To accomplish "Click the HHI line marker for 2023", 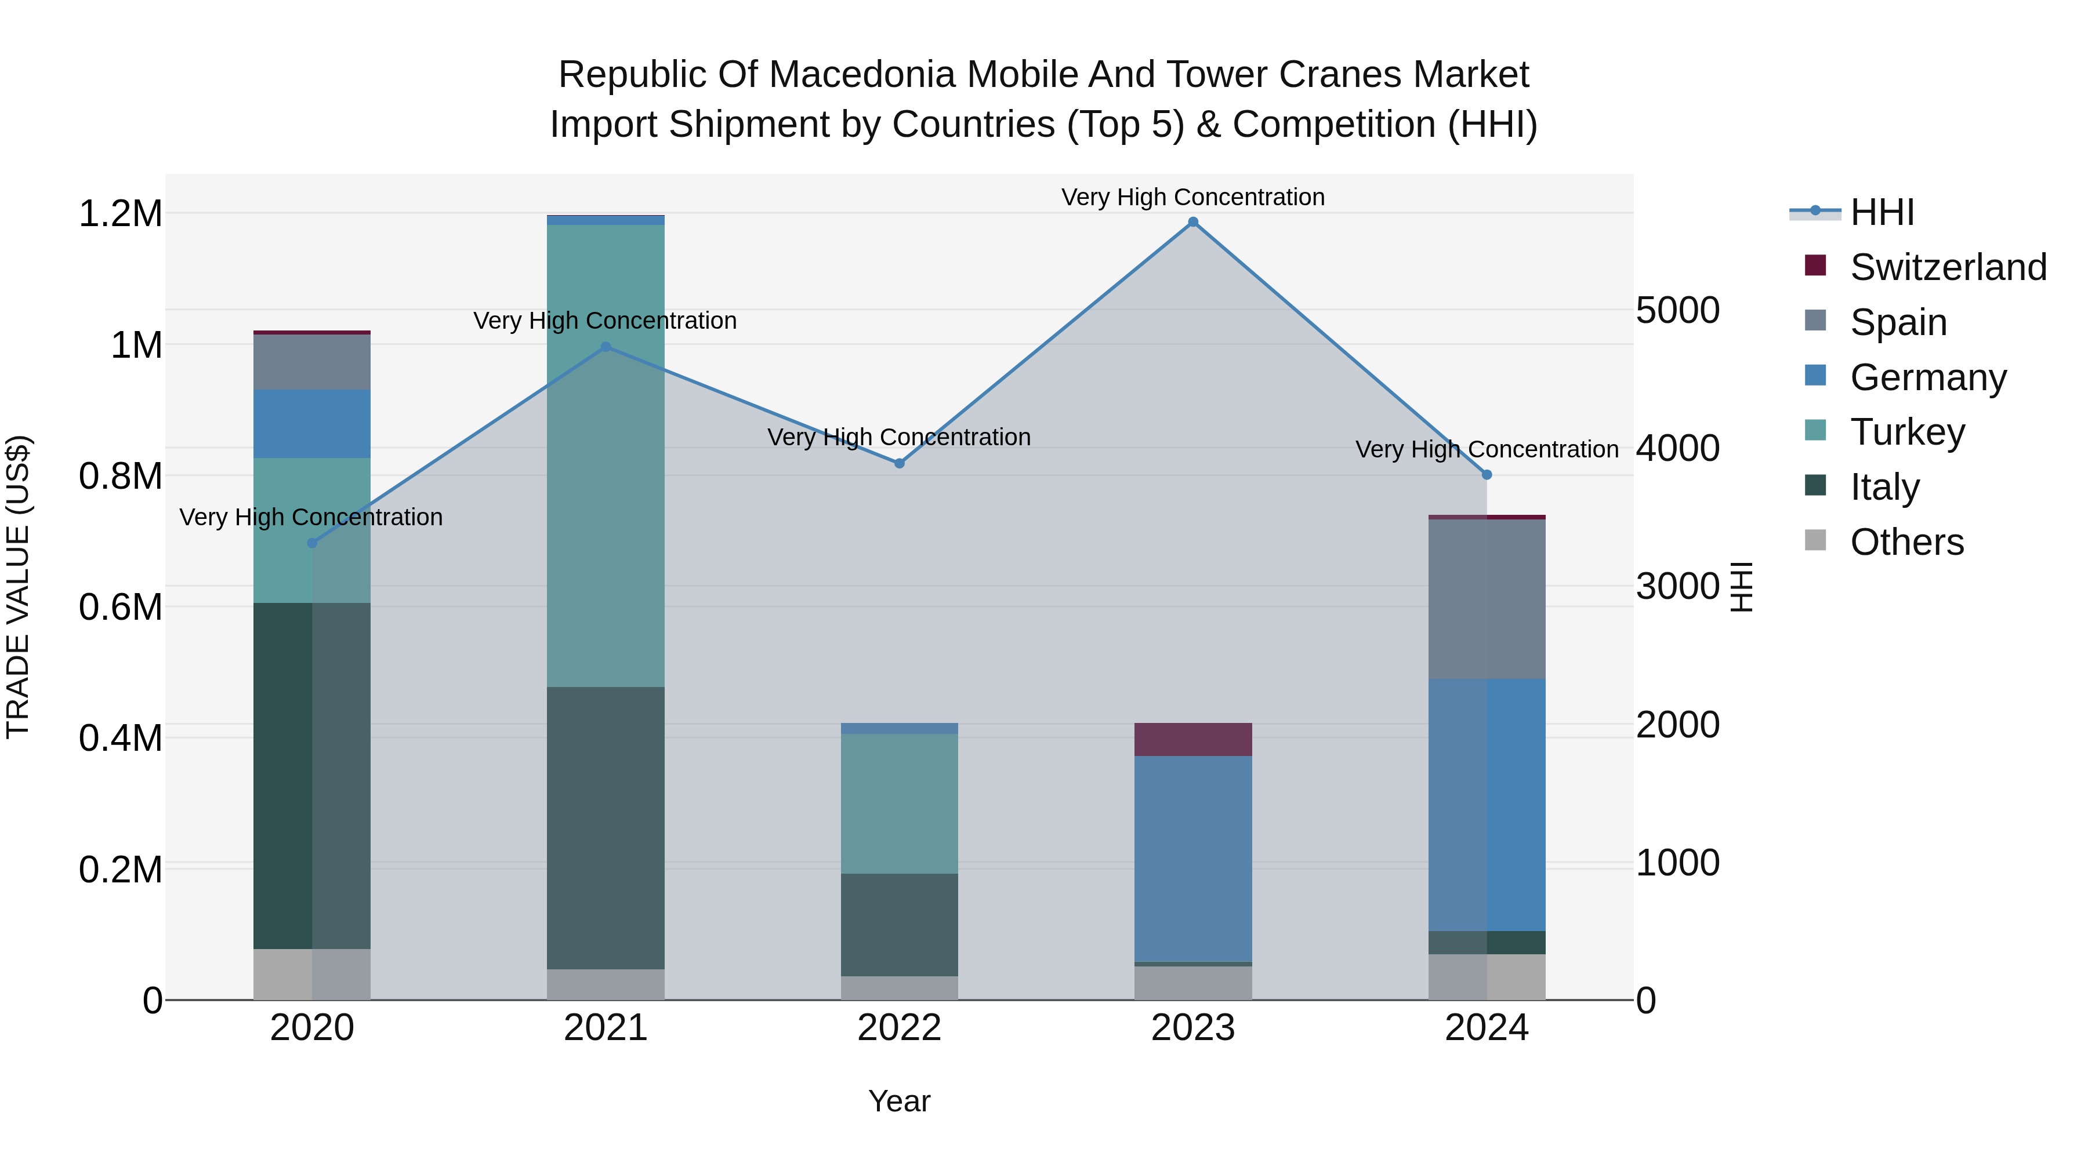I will coord(1192,222).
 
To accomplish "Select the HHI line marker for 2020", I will coord(312,543).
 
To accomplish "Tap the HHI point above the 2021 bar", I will coord(606,347).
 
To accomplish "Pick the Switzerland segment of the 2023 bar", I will coord(1192,739).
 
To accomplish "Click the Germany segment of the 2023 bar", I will coord(1192,859).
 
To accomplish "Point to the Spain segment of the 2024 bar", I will coord(1487,599).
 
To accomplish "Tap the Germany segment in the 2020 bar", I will coord(312,424).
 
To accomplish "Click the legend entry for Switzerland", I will coord(1948,267).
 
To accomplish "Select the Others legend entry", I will coord(1906,542).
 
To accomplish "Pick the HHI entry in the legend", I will coord(1882,212).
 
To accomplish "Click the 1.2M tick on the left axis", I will coord(121,214).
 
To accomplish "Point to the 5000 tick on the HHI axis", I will coord(1677,310).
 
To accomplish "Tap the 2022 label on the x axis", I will coord(899,1028).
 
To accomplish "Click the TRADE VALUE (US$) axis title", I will coord(19,587).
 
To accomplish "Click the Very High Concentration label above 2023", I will coord(1192,197).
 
